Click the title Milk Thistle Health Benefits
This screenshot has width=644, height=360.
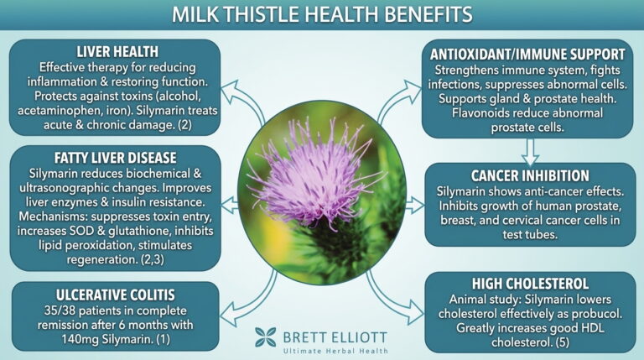(x=322, y=14)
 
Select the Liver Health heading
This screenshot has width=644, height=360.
(x=117, y=52)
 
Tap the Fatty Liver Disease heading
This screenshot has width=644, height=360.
(x=116, y=158)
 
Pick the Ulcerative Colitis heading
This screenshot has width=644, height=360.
(x=116, y=295)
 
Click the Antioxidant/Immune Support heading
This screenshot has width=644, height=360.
(x=527, y=55)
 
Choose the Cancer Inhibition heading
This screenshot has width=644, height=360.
(x=530, y=176)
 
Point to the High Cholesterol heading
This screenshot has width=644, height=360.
(x=530, y=284)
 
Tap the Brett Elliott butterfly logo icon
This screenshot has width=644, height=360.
(x=265, y=337)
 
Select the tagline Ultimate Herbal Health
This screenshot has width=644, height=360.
(x=335, y=351)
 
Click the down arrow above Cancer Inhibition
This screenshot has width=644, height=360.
(x=530, y=151)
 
